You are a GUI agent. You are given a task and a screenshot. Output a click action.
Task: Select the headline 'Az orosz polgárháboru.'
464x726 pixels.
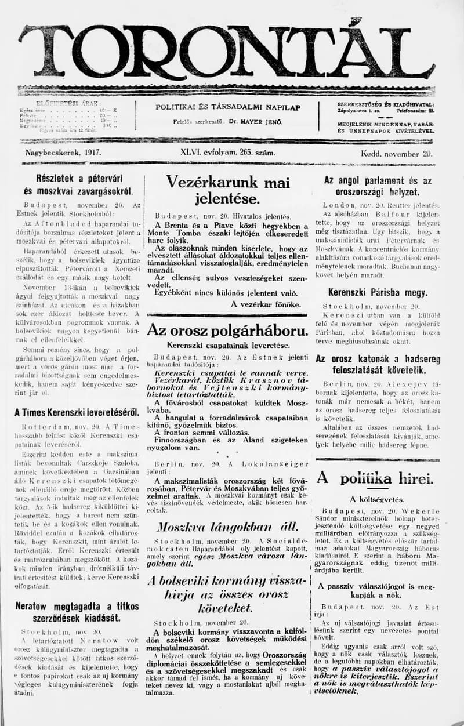[227, 331]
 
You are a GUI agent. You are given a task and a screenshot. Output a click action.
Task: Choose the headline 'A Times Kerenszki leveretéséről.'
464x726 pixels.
[77, 412]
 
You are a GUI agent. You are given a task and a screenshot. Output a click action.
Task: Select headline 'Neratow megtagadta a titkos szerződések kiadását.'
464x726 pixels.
[77, 611]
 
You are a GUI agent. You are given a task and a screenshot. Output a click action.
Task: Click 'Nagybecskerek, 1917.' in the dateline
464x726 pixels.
[63, 153]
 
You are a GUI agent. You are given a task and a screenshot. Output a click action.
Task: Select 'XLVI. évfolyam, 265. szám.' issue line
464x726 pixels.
[227, 153]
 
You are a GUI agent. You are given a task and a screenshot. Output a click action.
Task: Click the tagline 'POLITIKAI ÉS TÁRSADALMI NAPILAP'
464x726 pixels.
[228, 107]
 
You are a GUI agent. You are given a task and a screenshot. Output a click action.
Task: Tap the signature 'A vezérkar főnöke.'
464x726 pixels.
[266, 303]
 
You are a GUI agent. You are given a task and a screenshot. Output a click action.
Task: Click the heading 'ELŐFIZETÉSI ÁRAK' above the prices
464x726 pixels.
[68, 103]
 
